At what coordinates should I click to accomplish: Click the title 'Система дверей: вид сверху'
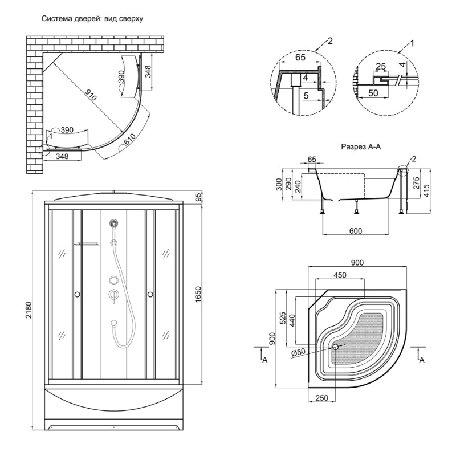point(92,18)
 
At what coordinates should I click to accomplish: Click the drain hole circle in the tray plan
point(336,347)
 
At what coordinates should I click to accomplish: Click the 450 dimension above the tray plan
point(341,275)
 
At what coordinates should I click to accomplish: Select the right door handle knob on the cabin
point(150,294)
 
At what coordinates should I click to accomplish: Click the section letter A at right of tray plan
point(421,360)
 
